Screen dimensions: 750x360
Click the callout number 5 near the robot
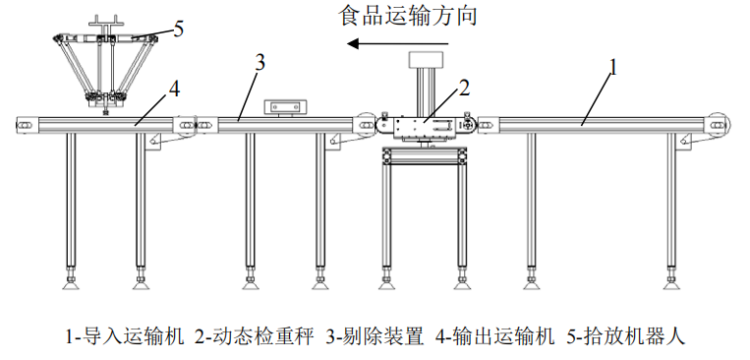click(x=179, y=29)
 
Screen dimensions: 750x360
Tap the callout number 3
click(x=260, y=63)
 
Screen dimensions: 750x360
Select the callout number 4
click(x=175, y=89)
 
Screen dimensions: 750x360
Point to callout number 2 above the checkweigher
click(x=464, y=89)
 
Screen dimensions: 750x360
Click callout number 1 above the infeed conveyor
click(x=612, y=68)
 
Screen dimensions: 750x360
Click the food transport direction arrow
click(x=398, y=44)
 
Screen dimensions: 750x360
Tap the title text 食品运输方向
click(x=408, y=16)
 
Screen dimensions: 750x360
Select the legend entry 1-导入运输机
click(x=125, y=336)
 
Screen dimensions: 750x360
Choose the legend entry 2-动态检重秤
click(x=255, y=336)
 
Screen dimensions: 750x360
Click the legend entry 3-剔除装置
click(x=375, y=336)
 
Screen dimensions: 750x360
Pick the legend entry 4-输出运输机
click(x=494, y=336)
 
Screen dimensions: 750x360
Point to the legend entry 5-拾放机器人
click(x=625, y=336)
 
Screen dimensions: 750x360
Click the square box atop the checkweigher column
click(x=427, y=59)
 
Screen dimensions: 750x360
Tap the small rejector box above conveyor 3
click(x=286, y=106)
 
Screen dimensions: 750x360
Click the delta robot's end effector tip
click(x=105, y=113)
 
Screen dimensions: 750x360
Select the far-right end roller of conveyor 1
click(x=718, y=124)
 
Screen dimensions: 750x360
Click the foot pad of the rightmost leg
click(x=672, y=285)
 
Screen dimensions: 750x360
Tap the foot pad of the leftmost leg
click(x=71, y=285)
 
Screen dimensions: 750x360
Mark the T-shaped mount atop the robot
click(x=105, y=24)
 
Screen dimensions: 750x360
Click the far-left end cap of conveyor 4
click(x=25, y=125)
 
